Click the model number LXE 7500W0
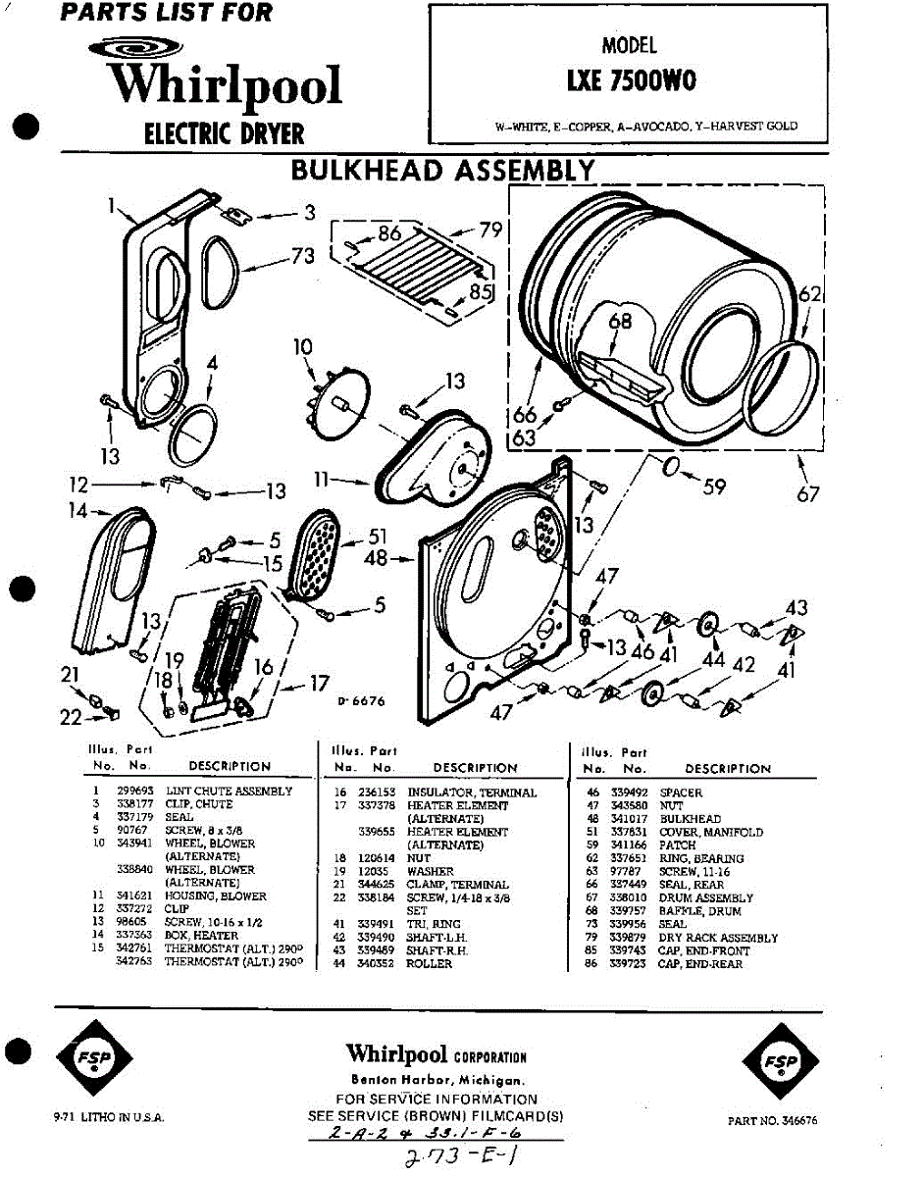(631, 81)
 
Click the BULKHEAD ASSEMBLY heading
(442, 171)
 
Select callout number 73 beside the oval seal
(303, 256)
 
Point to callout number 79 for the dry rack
(491, 230)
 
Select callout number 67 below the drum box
(807, 494)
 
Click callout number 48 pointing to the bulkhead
(377, 559)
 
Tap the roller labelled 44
(705, 625)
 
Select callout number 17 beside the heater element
(318, 685)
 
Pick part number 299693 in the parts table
(133, 791)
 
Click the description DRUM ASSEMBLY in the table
(706, 897)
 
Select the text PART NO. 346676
(773, 1119)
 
